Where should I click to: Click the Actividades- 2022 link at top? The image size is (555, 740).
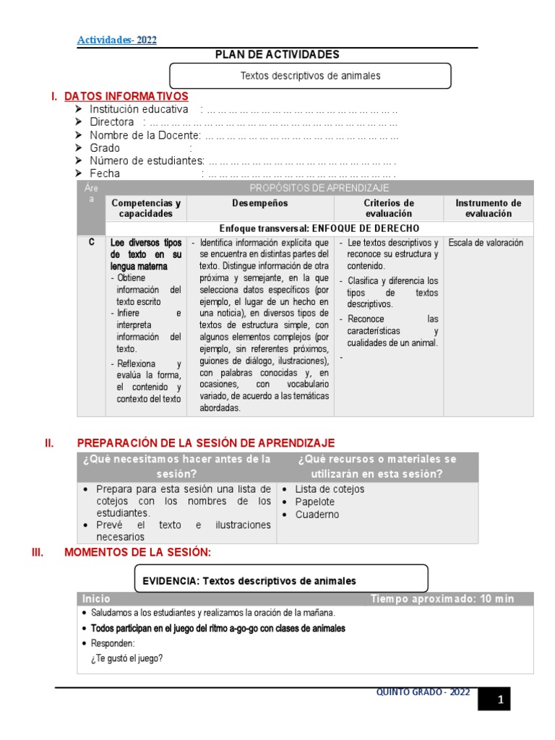116,40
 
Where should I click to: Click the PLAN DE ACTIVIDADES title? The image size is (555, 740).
277,55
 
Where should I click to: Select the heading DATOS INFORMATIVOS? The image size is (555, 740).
126,96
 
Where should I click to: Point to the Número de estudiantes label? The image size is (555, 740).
147,160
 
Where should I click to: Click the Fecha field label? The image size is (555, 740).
105,173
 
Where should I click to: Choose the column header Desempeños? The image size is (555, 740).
259,204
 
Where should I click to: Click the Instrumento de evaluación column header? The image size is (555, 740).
488,208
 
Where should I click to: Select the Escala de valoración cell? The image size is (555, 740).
485,243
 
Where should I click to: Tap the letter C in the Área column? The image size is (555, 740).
91,243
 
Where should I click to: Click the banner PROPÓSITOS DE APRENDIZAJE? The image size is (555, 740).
319,188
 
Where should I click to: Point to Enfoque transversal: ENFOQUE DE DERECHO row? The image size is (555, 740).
319,228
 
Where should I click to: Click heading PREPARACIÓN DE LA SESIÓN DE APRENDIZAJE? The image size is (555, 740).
205,443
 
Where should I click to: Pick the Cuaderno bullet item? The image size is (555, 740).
317,515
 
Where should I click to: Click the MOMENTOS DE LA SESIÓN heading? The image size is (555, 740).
137,553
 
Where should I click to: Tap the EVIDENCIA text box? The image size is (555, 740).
282,580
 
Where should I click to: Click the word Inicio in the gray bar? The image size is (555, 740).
96,598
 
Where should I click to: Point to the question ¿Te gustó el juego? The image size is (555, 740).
126,658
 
